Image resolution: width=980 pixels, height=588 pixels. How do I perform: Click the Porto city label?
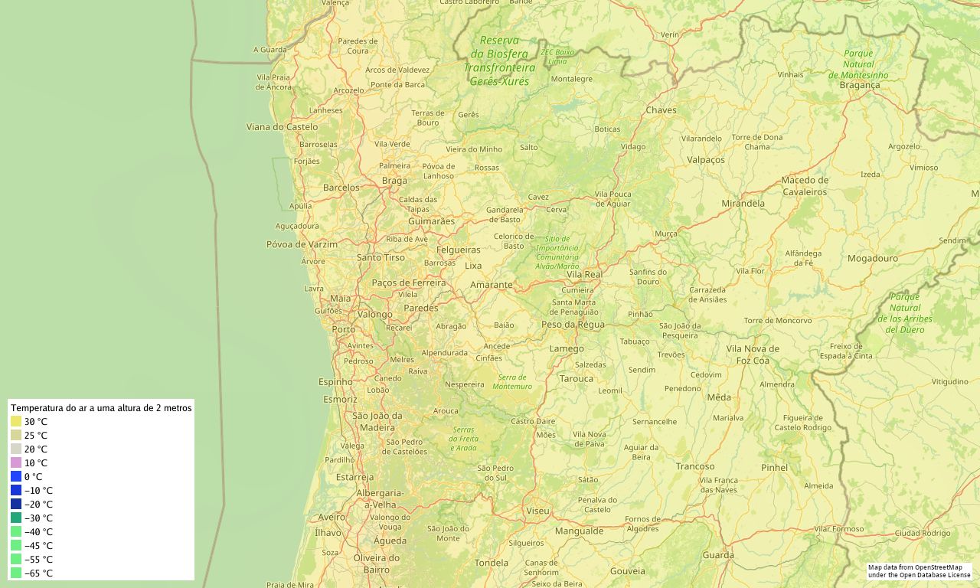(343, 330)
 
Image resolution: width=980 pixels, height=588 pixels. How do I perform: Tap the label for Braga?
(394, 181)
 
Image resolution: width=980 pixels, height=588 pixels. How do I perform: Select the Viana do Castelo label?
(282, 127)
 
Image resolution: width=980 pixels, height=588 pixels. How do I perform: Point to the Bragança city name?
(860, 86)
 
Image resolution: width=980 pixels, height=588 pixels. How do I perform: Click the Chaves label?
(661, 110)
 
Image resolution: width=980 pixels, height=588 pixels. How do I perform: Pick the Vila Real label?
(584, 274)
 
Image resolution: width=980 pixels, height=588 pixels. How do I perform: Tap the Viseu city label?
(537, 511)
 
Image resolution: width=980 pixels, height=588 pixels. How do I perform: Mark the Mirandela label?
(743, 204)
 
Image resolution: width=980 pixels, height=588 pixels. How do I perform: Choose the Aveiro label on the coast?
(332, 518)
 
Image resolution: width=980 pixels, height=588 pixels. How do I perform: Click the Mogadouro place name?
(872, 259)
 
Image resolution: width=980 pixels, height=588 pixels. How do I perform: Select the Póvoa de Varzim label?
(302, 244)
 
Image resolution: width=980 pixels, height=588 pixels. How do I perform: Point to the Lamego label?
(567, 349)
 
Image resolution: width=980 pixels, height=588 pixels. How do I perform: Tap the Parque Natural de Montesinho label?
(858, 64)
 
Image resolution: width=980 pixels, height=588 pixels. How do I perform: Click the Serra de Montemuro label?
(513, 381)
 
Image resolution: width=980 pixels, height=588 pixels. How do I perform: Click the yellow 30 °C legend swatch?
(16, 422)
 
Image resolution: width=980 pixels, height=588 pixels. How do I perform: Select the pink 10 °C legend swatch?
(16, 463)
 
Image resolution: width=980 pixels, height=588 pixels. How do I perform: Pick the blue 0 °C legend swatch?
(16, 477)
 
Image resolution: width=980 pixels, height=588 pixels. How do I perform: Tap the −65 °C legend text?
(38, 573)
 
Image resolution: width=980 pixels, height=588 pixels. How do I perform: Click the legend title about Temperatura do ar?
(101, 409)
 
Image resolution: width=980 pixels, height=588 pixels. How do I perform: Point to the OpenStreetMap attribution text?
(919, 571)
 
